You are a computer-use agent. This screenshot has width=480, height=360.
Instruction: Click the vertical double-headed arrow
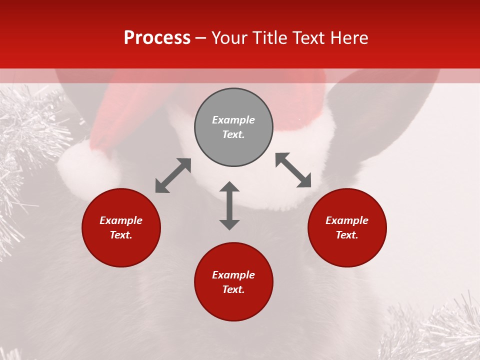pos(229,205)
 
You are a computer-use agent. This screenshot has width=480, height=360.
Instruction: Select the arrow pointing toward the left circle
pos(173,175)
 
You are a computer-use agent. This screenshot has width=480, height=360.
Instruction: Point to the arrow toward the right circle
pos(293,170)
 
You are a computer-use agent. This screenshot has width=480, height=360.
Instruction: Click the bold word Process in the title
pos(157,38)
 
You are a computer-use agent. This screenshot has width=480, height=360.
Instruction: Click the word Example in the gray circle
pos(233,120)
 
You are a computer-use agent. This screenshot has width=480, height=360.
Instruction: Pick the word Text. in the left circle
pos(121,235)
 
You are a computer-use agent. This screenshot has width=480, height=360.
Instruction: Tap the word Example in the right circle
pos(347,220)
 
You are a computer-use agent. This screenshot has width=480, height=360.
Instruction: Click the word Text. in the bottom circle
pos(233,289)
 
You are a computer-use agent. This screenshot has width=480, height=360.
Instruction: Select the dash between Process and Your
pos(201,38)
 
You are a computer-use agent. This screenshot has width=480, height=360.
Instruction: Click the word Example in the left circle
pos(121,220)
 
